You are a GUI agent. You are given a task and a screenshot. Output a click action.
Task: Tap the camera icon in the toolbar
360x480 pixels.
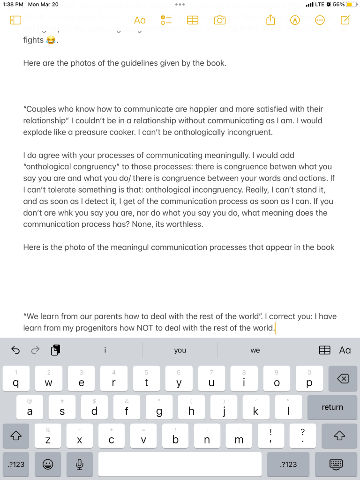(x=219, y=20)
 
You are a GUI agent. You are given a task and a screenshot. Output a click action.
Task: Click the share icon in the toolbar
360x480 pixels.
(x=270, y=20)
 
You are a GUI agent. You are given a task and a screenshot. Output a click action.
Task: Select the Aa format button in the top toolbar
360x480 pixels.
(x=140, y=20)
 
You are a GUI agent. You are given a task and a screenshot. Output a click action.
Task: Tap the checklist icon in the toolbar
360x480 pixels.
(x=166, y=20)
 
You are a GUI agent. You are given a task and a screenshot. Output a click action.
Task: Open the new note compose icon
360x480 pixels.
(x=345, y=20)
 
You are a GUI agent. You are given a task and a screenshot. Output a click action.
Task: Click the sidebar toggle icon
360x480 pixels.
(x=15, y=20)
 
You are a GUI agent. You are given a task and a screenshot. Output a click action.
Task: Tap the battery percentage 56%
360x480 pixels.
(x=338, y=4)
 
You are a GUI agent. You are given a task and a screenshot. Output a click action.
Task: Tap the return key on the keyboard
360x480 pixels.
(x=332, y=407)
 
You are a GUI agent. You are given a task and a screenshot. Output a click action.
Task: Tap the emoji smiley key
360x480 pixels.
(x=47, y=464)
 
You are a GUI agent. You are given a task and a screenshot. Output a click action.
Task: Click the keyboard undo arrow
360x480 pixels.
(x=15, y=350)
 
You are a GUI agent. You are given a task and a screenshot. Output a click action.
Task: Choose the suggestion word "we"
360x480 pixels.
(x=255, y=350)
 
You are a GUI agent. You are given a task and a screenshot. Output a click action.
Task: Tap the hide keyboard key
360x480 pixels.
(x=336, y=464)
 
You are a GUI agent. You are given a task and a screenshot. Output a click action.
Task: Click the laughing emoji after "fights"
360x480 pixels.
(x=50, y=41)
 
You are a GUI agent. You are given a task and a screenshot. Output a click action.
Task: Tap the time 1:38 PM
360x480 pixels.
(x=13, y=4)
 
